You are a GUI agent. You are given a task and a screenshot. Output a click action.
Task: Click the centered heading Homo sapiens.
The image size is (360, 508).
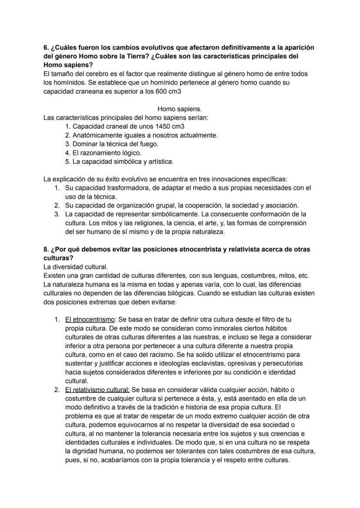[x=179, y=109]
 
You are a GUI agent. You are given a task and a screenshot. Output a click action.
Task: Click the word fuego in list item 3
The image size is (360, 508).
[x=148, y=144]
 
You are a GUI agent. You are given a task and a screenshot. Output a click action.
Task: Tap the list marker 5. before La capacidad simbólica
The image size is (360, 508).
[x=67, y=162]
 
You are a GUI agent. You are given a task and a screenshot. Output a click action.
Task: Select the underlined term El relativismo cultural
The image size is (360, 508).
[x=97, y=390]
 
